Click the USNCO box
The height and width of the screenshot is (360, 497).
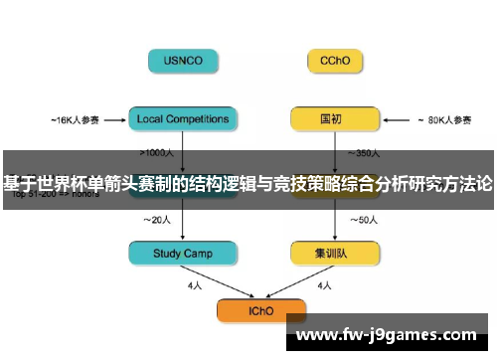[x=183, y=61]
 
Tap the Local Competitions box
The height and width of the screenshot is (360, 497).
[x=183, y=120]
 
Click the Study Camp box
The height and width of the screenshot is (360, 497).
[x=183, y=254]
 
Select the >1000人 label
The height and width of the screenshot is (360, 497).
[x=159, y=153]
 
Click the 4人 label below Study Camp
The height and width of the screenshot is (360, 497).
[x=194, y=285]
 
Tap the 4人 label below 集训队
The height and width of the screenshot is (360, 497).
[x=323, y=285]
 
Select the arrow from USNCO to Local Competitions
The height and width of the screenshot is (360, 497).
[x=183, y=90]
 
